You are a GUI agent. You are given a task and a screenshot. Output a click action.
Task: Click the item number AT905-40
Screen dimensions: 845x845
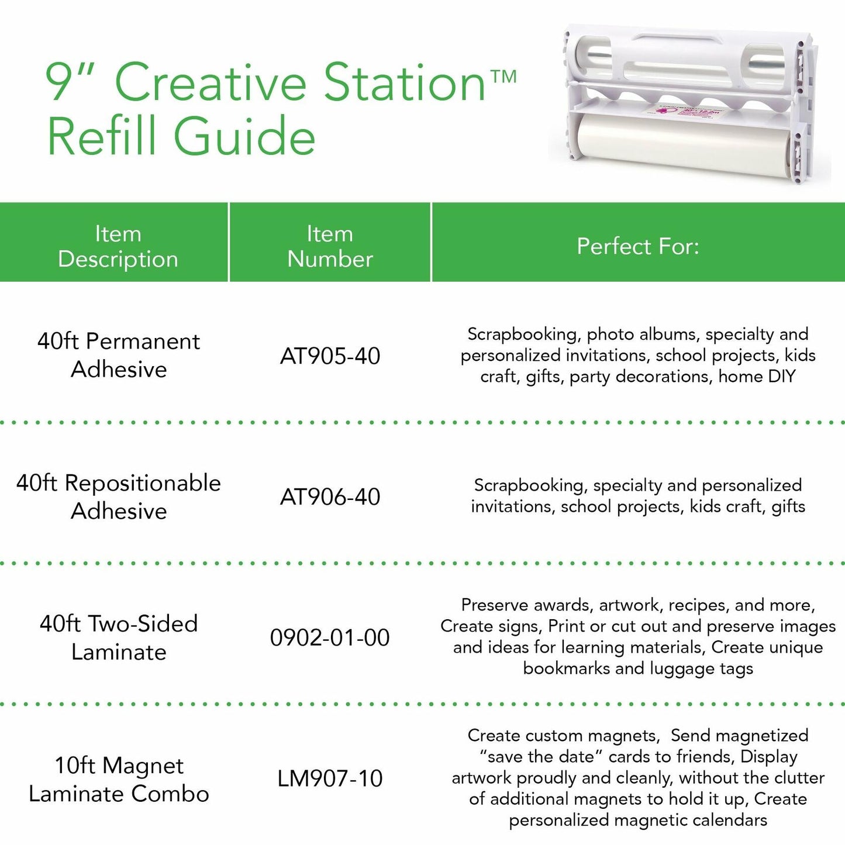tap(330, 356)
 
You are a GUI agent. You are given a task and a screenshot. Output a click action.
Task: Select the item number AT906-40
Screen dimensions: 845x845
tap(330, 497)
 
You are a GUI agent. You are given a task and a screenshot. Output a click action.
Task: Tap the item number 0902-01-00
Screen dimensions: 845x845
tap(330, 637)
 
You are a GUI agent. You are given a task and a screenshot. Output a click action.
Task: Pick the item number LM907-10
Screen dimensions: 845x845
tap(330, 778)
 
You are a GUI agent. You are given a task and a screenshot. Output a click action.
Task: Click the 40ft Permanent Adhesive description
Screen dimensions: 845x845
tap(119, 355)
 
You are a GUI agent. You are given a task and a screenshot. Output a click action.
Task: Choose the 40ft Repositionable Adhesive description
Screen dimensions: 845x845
tap(119, 496)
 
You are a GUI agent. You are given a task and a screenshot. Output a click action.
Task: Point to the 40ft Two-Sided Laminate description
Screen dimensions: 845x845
tap(119, 637)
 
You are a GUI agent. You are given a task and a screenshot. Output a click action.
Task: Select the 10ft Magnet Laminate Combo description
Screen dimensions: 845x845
tap(119, 779)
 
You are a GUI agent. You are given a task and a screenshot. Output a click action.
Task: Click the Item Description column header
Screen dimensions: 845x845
tap(118, 246)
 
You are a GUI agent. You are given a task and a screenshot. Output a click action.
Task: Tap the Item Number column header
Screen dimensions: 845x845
tap(330, 246)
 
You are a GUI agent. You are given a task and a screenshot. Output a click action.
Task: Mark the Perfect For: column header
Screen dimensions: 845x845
tap(638, 246)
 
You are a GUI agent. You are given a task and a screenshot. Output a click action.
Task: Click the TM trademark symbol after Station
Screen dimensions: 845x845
tap(503, 76)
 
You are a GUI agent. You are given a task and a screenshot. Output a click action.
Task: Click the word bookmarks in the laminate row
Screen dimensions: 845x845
tap(566, 668)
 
